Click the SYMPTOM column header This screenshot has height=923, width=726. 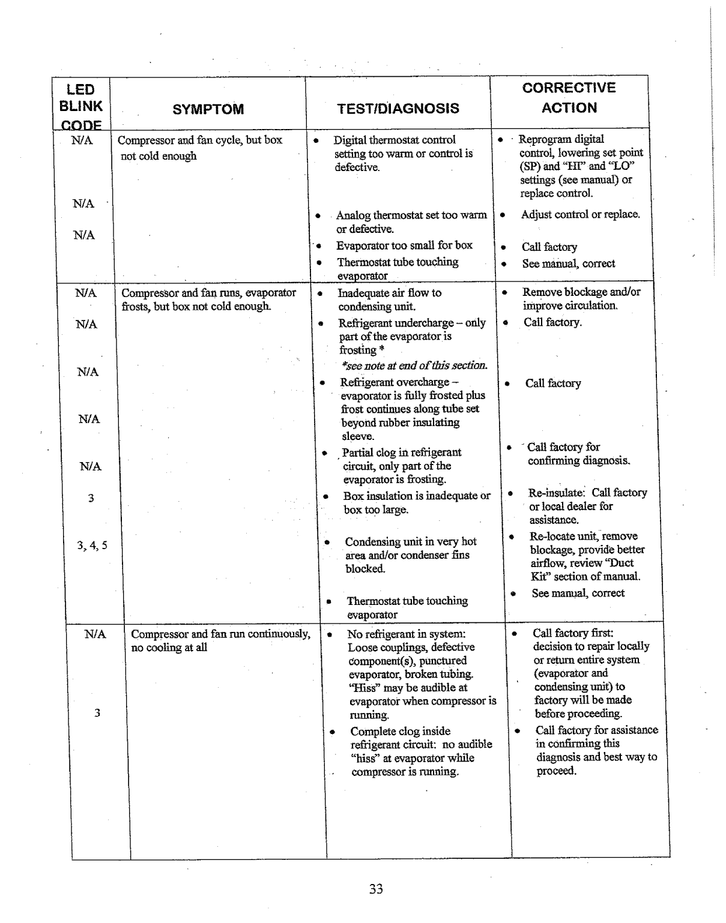[208, 109]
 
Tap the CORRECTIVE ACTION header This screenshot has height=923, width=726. [569, 98]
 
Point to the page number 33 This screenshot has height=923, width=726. [376, 889]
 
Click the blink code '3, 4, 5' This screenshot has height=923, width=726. [92, 546]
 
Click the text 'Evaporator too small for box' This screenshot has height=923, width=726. [404, 245]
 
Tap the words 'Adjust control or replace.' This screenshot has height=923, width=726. [580, 214]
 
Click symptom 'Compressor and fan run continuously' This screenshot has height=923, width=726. [220, 634]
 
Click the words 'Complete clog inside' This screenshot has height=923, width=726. [400, 731]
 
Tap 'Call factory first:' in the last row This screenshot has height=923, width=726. [572, 633]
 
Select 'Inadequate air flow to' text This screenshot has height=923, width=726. [389, 293]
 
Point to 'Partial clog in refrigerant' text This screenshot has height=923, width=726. [401, 452]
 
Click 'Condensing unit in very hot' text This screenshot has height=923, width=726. [410, 541]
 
